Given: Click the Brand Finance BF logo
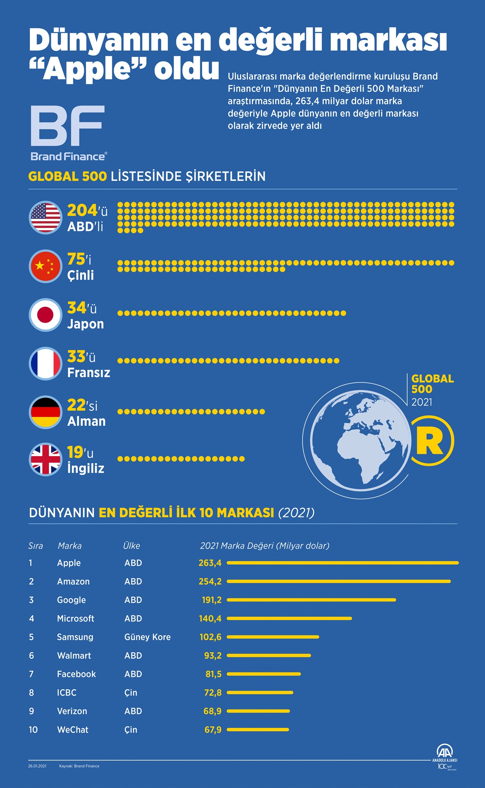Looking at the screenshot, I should coord(68,126).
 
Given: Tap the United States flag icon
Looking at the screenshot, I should coord(45,218).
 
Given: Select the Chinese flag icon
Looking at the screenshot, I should coord(45,266).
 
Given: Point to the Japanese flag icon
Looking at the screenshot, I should coord(45,315).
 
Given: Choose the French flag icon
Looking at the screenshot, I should coord(45,363).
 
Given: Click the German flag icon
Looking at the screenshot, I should coord(45,412).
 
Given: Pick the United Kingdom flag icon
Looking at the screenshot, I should coord(45,459).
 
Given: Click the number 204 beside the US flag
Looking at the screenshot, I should coord(82,210).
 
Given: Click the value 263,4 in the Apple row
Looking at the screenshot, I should coord(210,563).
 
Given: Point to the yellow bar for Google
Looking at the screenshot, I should coord(311,600).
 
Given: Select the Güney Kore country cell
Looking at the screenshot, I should coord(148,637).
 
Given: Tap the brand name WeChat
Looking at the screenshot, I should coord(73,730).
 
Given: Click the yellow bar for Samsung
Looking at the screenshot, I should coord(273,637).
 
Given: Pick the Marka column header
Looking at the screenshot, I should coord(70,546).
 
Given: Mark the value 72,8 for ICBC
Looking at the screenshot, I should coord(213,693).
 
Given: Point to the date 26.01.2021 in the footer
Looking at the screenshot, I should coord(37,766).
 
